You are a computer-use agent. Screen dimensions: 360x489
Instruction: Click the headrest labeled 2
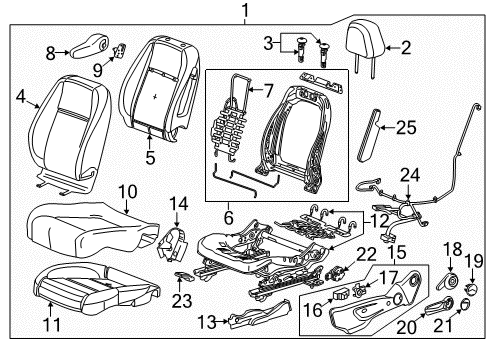tap(364, 41)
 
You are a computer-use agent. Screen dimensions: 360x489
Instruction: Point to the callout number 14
tap(178, 206)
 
